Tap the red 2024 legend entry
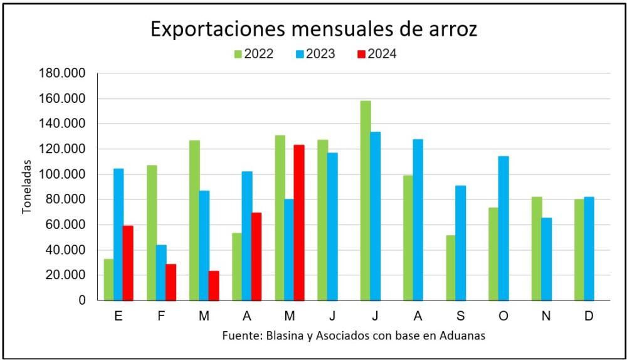coord(377,54)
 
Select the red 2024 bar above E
coord(128,263)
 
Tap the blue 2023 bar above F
coord(161,272)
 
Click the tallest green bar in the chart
coord(366,201)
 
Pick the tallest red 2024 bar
coord(298,223)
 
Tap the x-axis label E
coord(118,315)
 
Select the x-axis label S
coord(460,315)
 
